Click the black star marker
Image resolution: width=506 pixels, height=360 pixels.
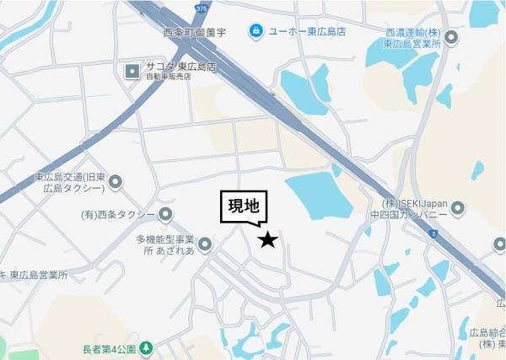point(267,240)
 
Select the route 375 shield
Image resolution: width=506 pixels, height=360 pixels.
point(200,8)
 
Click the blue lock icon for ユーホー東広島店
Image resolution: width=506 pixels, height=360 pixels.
point(255,31)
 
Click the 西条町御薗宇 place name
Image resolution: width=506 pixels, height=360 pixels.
point(195,33)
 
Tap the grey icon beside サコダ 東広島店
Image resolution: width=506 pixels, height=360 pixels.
point(132,71)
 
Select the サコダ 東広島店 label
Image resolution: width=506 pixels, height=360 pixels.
point(180,67)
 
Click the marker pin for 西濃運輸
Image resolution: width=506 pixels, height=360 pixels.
point(451,37)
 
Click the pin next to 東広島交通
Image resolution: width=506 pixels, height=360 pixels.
point(116,180)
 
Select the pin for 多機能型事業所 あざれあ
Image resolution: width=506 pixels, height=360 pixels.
point(205,244)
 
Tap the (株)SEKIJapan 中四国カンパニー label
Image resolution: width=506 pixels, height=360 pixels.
point(412,208)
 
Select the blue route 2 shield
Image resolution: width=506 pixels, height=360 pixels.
point(433,234)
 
